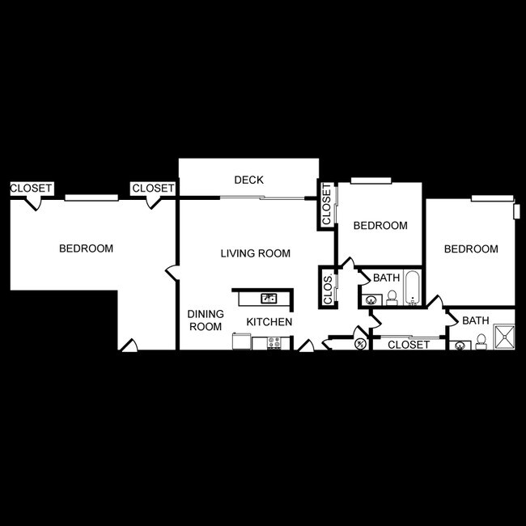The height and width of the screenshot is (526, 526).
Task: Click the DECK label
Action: [x=248, y=180]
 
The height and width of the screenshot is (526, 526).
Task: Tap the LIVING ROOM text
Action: [x=255, y=253]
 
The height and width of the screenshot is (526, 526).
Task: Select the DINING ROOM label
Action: [x=205, y=320]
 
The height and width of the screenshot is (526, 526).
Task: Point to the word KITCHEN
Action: [x=269, y=322]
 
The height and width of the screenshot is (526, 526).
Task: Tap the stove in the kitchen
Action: [x=273, y=343]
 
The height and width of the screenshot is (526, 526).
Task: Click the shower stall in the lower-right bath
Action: [x=502, y=337]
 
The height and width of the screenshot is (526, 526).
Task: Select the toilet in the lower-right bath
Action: [x=481, y=341]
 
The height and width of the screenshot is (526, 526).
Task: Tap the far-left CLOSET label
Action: [x=31, y=189]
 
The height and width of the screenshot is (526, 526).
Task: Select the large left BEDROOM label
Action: [x=86, y=248]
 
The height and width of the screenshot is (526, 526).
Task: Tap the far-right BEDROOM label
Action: [x=471, y=249]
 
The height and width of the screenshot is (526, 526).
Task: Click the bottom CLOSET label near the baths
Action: [x=409, y=346]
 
